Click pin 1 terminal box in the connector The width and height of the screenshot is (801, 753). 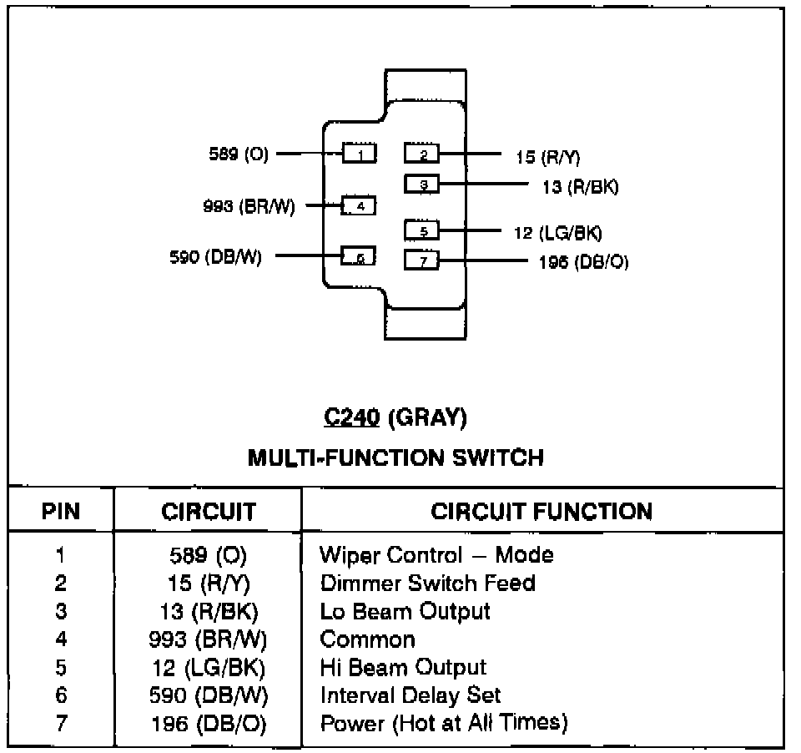click(x=359, y=154)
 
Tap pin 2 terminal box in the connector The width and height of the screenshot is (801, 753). click(x=422, y=154)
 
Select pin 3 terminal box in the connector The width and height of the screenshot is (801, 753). click(x=422, y=184)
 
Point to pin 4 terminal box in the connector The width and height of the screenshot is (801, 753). click(x=359, y=205)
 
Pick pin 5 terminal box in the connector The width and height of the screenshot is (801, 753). click(x=422, y=230)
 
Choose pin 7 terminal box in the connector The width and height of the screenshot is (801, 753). click(x=422, y=260)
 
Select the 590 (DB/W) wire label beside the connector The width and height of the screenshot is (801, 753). click(x=215, y=257)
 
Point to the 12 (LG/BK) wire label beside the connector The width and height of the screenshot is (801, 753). click(x=558, y=232)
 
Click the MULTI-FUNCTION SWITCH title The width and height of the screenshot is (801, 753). click(x=395, y=457)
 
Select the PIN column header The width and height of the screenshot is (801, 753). click(x=61, y=512)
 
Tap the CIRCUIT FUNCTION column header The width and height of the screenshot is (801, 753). click(x=542, y=512)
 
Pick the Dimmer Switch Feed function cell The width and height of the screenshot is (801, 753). click(x=427, y=583)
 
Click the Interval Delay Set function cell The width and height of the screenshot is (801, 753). click(x=411, y=695)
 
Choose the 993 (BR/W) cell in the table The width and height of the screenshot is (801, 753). click(x=208, y=639)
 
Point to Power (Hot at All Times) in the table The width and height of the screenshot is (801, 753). click(x=444, y=723)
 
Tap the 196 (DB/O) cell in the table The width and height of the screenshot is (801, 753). click(x=208, y=724)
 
